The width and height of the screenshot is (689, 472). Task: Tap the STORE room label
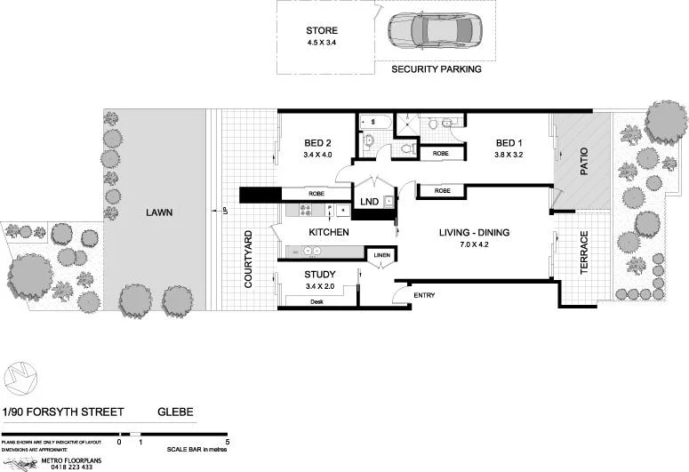pyautogui.click(x=321, y=31)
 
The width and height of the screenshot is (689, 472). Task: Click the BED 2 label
pyautogui.click(x=316, y=144)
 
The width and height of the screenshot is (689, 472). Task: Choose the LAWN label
pyautogui.click(x=161, y=212)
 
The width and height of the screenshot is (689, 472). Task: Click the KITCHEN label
pyautogui.click(x=328, y=232)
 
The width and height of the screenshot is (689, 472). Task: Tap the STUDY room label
pyautogui.click(x=319, y=275)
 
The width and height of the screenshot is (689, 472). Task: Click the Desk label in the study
pyautogui.click(x=316, y=302)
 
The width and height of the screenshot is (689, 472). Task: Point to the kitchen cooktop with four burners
pyautogui.click(x=306, y=211)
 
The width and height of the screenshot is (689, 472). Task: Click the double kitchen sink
pyautogui.click(x=314, y=251)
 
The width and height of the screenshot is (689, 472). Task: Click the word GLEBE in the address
pyautogui.click(x=175, y=412)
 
